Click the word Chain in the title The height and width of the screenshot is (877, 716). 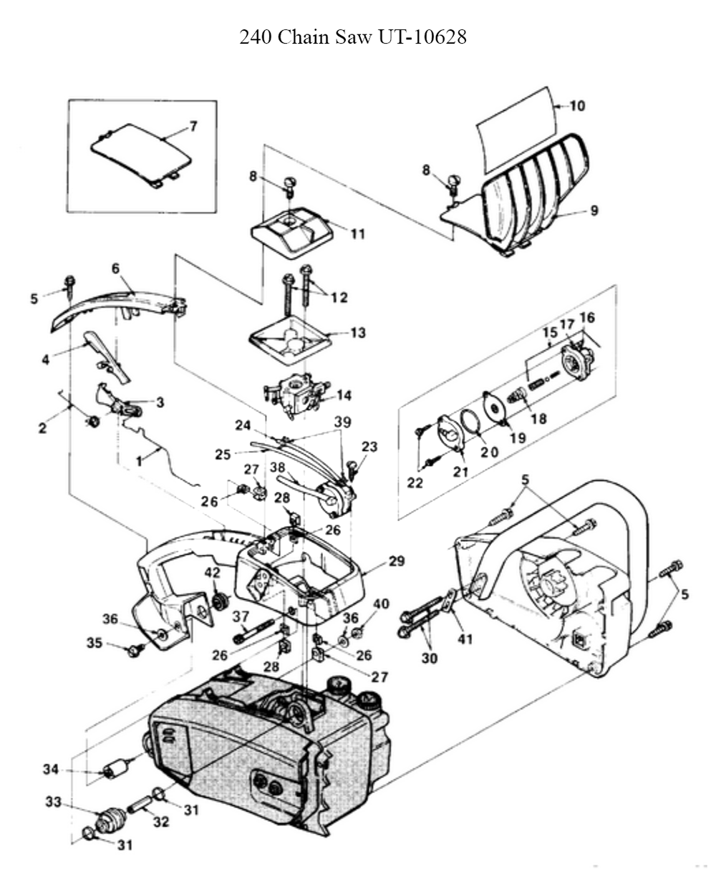pos(304,37)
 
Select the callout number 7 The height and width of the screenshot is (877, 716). pos(193,127)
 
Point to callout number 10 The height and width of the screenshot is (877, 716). pos(577,106)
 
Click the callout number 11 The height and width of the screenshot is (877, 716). pos(357,234)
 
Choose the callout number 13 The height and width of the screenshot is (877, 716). pos(357,333)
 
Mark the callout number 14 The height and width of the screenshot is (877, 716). pos(344,394)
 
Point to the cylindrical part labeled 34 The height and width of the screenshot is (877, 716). pos(115,771)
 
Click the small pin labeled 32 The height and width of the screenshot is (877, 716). pos(139,802)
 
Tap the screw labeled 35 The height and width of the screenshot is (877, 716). pos(133,651)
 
